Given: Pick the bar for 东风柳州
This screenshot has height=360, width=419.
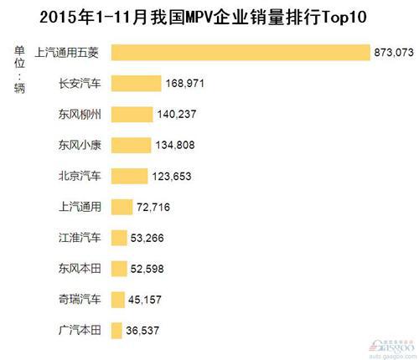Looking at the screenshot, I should [x=132, y=115].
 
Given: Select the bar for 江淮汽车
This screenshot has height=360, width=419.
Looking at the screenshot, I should [x=119, y=238].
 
